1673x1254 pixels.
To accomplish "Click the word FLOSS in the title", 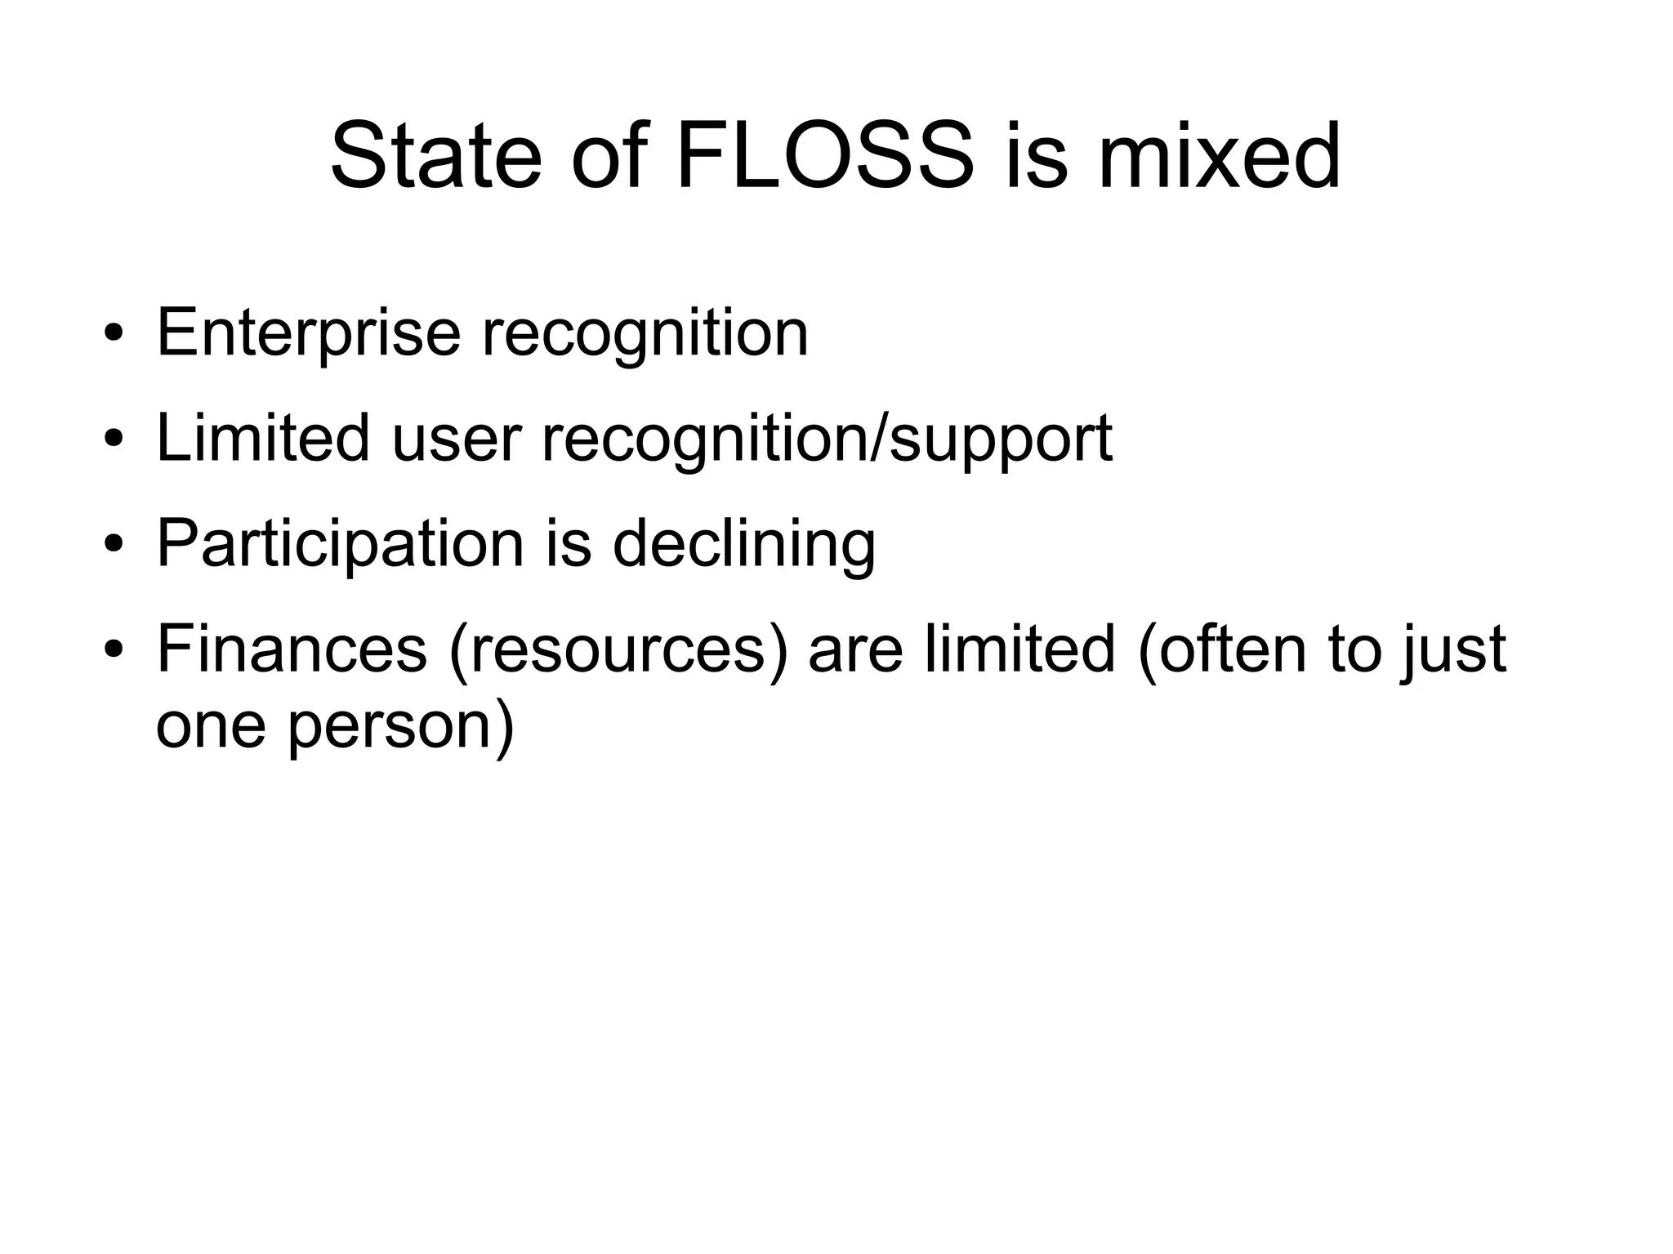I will point(825,155).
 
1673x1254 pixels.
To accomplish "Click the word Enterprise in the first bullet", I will point(309,333).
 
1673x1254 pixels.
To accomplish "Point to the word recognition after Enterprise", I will point(645,333).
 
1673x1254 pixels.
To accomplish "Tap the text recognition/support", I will point(827,440).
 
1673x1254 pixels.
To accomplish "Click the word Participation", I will point(340,544).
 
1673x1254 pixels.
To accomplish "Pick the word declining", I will point(743,544).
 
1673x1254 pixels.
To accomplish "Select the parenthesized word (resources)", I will point(619,650).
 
